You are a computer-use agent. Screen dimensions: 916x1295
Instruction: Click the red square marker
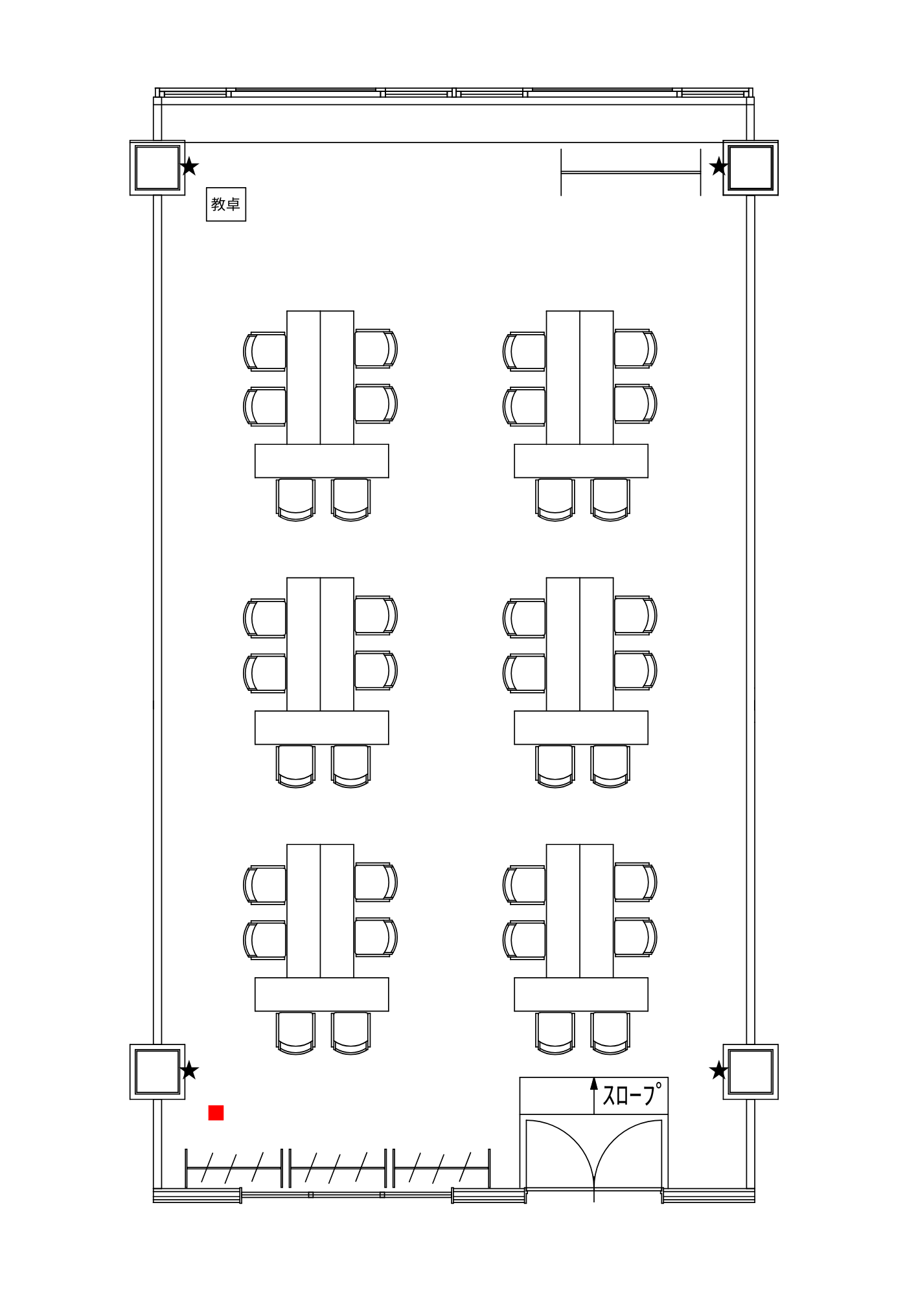pyautogui.click(x=216, y=1112)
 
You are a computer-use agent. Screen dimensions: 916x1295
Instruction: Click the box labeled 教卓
pyautogui.click(x=226, y=204)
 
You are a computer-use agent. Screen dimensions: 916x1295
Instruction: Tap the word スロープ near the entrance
pyautogui.click(x=632, y=1094)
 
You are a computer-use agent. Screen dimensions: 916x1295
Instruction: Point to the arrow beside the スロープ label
pyautogui.click(x=594, y=1096)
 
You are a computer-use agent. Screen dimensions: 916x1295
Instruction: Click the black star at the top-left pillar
pyautogui.click(x=189, y=166)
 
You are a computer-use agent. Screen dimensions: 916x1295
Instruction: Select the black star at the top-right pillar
pyautogui.click(x=718, y=166)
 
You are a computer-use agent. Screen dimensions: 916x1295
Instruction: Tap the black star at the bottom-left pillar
pyautogui.click(x=189, y=1070)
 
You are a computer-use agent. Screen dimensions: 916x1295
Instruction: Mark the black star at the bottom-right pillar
pyautogui.click(x=718, y=1070)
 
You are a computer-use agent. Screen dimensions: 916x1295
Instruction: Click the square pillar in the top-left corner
pyautogui.click(x=157, y=168)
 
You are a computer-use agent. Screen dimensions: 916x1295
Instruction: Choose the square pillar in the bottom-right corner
pyautogui.click(x=751, y=1072)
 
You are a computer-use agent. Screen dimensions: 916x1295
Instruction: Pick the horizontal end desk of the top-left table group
pyautogui.click(x=322, y=461)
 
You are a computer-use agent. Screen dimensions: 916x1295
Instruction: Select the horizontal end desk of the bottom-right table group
pyautogui.click(x=581, y=995)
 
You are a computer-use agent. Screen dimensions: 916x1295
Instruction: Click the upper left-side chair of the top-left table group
pyautogui.click(x=265, y=352)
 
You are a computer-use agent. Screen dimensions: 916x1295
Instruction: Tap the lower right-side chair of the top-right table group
pyautogui.click(x=635, y=404)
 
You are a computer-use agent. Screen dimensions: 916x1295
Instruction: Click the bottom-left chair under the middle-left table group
pyautogui.click(x=295, y=766)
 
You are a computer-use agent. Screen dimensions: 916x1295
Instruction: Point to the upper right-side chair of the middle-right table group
pyautogui.click(x=635, y=615)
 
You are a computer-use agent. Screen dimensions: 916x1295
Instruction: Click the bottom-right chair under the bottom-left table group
pyautogui.click(x=351, y=1033)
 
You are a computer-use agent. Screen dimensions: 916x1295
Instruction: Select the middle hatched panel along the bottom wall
pyautogui.click(x=338, y=1167)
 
